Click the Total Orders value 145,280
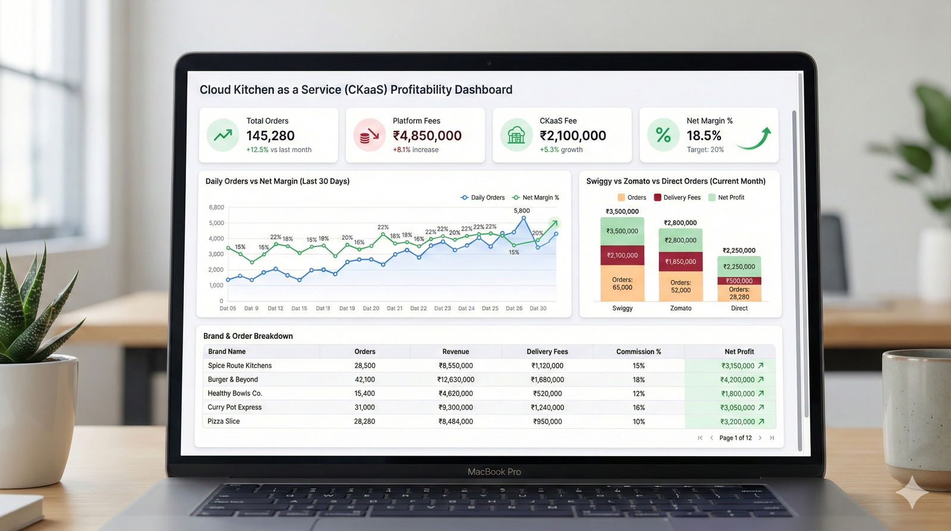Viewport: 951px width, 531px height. point(270,136)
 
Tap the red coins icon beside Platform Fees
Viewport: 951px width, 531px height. point(369,136)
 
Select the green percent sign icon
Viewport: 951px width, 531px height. point(663,136)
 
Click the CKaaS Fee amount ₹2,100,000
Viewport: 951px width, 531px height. point(572,136)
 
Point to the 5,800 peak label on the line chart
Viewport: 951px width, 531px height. point(521,211)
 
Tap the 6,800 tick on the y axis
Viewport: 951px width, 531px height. point(216,208)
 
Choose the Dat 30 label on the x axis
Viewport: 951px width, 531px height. point(538,309)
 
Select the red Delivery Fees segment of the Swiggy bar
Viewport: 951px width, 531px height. point(622,256)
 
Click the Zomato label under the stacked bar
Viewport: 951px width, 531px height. point(681,309)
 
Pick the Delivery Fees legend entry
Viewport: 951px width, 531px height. point(677,197)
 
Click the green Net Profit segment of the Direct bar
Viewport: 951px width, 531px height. point(739,266)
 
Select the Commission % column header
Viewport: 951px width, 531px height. point(638,351)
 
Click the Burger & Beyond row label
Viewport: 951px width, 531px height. point(233,379)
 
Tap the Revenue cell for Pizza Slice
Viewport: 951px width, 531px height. point(456,422)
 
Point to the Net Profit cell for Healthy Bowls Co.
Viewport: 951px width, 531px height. point(738,394)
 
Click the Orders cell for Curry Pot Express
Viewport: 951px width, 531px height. point(364,407)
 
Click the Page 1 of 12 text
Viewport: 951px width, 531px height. point(735,438)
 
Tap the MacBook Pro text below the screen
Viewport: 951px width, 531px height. point(494,472)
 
